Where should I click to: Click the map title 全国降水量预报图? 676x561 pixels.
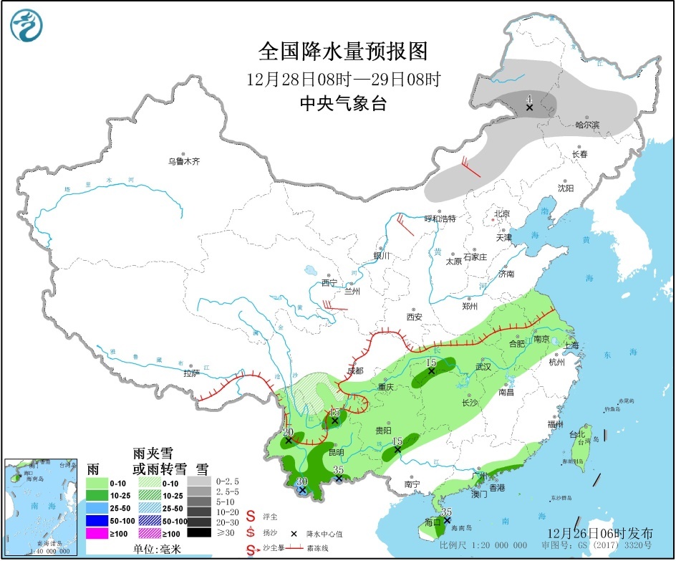point(342,52)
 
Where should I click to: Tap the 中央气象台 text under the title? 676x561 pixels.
point(342,104)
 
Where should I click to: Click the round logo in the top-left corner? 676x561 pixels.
point(26,26)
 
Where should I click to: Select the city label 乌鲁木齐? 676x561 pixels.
point(184,162)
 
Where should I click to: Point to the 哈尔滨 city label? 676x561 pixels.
point(587,125)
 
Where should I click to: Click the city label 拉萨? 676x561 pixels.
point(190,373)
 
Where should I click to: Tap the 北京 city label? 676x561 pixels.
point(501,214)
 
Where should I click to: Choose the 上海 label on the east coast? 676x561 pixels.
point(571,345)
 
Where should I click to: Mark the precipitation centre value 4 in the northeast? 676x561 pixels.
point(528,98)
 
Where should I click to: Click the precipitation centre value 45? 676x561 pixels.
point(334,412)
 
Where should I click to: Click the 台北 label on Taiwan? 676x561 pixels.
point(577,434)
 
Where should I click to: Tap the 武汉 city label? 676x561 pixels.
point(483,366)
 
